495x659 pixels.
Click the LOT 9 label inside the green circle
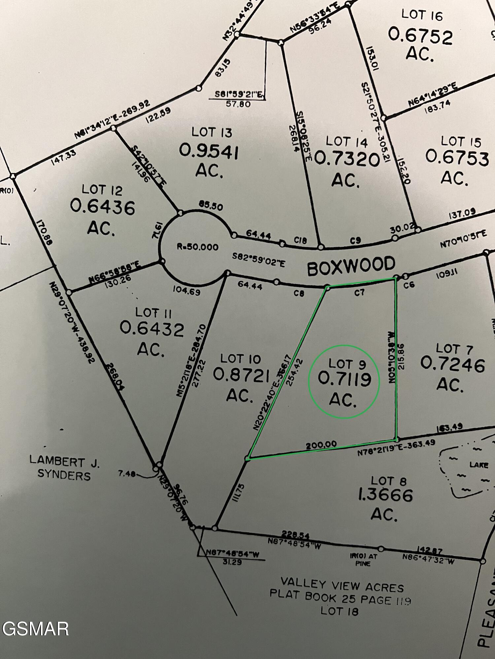[x=347, y=364]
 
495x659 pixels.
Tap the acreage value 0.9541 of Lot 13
[x=209, y=152]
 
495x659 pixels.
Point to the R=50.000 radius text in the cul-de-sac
[x=197, y=247]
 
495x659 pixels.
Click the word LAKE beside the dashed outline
[x=479, y=465]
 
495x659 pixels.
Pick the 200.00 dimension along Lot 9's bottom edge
[x=321, y=445]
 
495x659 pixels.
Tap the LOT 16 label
[x=422, y=15]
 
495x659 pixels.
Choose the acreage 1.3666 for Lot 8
[x=385, y=495]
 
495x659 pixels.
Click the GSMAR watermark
[x=35, y=629]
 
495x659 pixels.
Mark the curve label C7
[x=359, y=292]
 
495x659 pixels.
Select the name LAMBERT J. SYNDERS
[x=64, y=468]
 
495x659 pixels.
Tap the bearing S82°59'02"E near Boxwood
[x=258, y=260]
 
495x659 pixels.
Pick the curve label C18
[x=300, y=241]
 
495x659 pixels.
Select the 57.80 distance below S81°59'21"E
[x=238, y=104]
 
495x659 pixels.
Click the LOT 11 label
[x=153, y=312]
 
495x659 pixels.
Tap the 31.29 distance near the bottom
[x=232, y=562]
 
